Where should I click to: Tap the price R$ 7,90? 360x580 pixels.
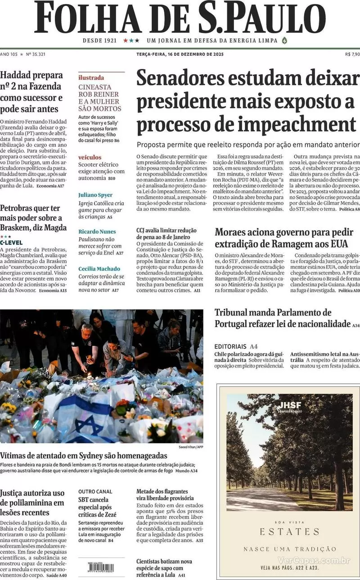tap(352, 54)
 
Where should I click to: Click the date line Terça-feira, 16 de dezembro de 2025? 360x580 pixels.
tap(180, 54)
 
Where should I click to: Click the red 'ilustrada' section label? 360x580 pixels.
tap(91, 77)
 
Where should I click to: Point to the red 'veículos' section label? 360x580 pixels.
tap(90, 157)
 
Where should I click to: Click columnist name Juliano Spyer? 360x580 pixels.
tap(95, 195)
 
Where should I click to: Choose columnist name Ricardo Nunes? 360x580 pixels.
tap(97, 231)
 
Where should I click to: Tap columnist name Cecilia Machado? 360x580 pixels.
tap(99, 268)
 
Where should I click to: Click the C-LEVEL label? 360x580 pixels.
tap(11, 242)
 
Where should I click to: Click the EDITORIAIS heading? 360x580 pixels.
tap(230, 346)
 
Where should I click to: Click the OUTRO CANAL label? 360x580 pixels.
tap(95, 491)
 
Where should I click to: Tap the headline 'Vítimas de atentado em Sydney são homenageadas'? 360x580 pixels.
tap(84, 456)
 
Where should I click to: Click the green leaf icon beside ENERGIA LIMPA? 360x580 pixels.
tap(284, 40)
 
